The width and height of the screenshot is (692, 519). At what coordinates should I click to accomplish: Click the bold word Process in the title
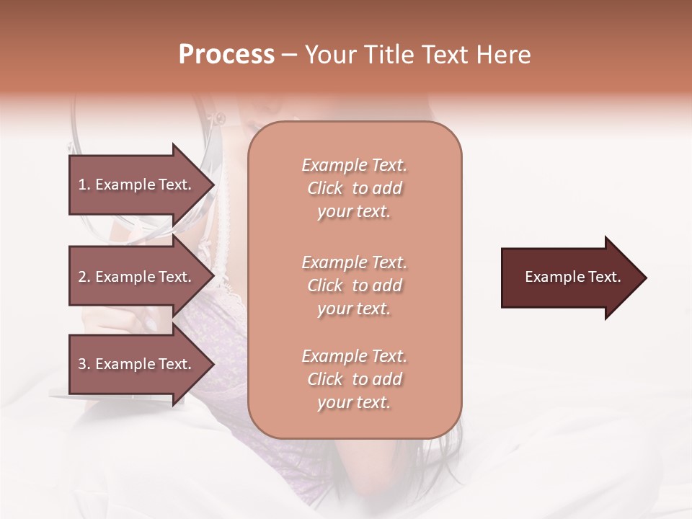tap(226, 55)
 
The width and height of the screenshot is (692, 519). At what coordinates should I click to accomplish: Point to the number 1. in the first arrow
tap(84, 185)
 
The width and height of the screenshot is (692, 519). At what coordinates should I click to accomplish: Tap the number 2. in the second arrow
tap(84, 277)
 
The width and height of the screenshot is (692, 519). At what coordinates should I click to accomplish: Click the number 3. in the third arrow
tap(84, 364)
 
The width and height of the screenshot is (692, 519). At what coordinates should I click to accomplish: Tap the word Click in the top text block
tap(325, 188)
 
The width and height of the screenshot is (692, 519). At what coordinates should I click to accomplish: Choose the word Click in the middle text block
tap(325, 285)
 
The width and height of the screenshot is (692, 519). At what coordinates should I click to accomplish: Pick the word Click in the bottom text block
tap(325, 379)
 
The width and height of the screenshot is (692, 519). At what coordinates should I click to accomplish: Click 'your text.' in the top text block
tap(354, 212)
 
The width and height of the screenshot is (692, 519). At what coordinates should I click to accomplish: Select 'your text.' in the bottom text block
tap(354, 403)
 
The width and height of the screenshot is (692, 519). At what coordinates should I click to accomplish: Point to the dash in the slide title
tap(289, 56)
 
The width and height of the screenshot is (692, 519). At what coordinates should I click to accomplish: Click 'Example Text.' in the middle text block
tap(354, 262)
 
